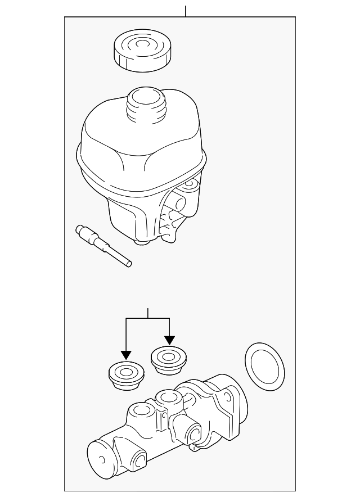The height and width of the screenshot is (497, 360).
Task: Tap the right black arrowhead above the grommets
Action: [x=169, y=341]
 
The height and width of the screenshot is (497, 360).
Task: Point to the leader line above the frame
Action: [x=185, y=11]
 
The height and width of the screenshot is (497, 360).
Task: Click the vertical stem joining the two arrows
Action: [x=147, y=313]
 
